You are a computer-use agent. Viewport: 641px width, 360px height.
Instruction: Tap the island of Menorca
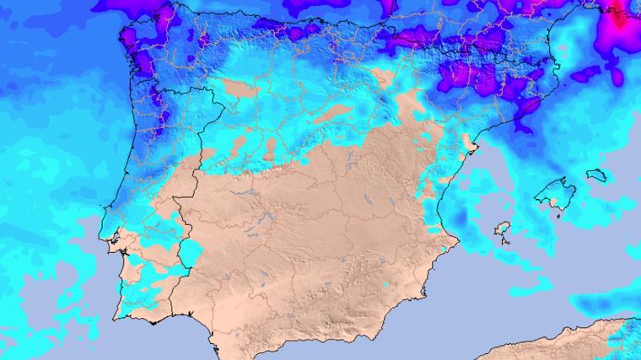[x=595, y=175]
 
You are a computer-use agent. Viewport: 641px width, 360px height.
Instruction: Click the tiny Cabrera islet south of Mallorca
[x=558, y=216]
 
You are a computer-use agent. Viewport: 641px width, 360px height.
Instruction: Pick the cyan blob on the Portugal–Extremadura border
[x=191, y=252]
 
